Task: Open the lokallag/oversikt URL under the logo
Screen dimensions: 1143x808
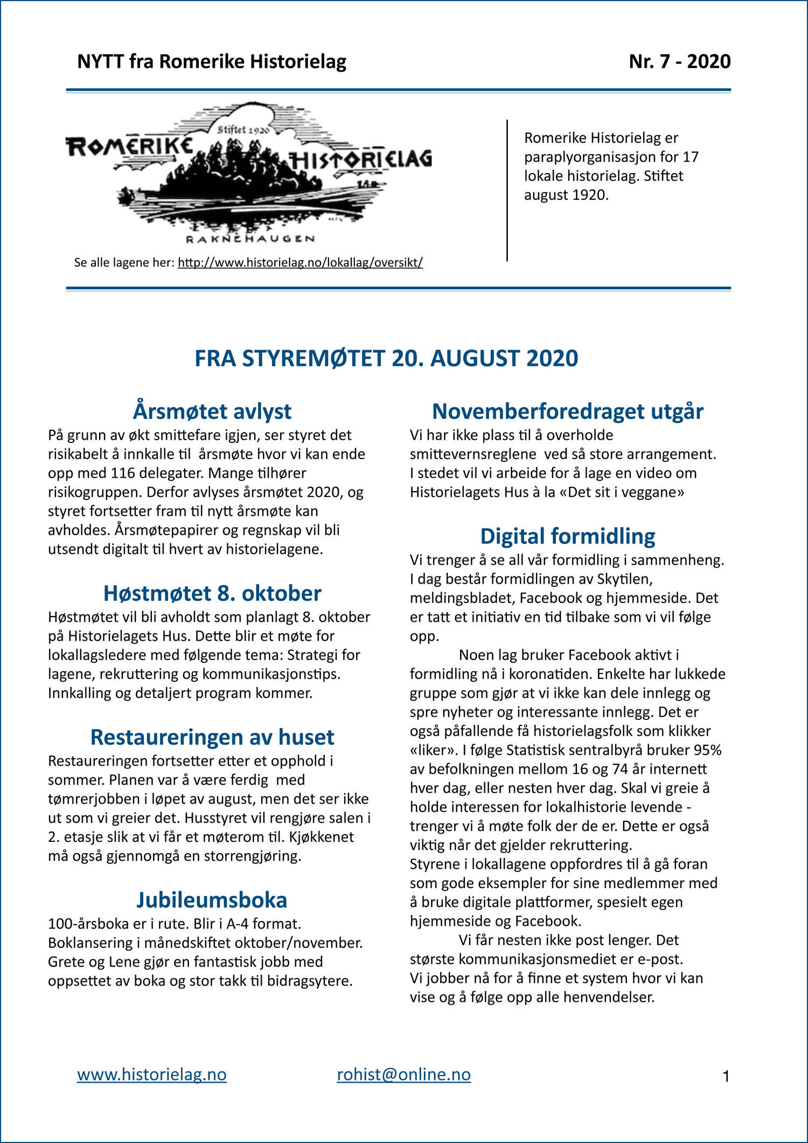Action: [x=300, y=262]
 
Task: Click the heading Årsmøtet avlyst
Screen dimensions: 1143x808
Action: [x=212, y=411]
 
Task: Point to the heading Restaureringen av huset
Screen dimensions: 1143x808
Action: [x=212, y=737]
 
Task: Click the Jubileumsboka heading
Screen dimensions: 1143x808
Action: [x=212, y=899]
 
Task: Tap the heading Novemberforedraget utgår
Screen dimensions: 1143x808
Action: [x=567, y=411]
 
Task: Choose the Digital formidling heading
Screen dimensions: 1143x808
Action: [x=567, y=536]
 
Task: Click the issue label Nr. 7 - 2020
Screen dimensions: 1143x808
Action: [x=679, y=61]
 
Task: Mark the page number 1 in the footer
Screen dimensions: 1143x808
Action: [x=726, y=1077]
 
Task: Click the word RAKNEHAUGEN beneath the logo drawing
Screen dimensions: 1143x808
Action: [x=250, y=239]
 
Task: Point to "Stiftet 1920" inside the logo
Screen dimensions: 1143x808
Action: [x=243, y=129]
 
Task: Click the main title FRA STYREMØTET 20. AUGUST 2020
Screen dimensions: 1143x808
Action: [x=386, y=358]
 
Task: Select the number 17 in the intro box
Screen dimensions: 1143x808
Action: [x=690, y=157]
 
